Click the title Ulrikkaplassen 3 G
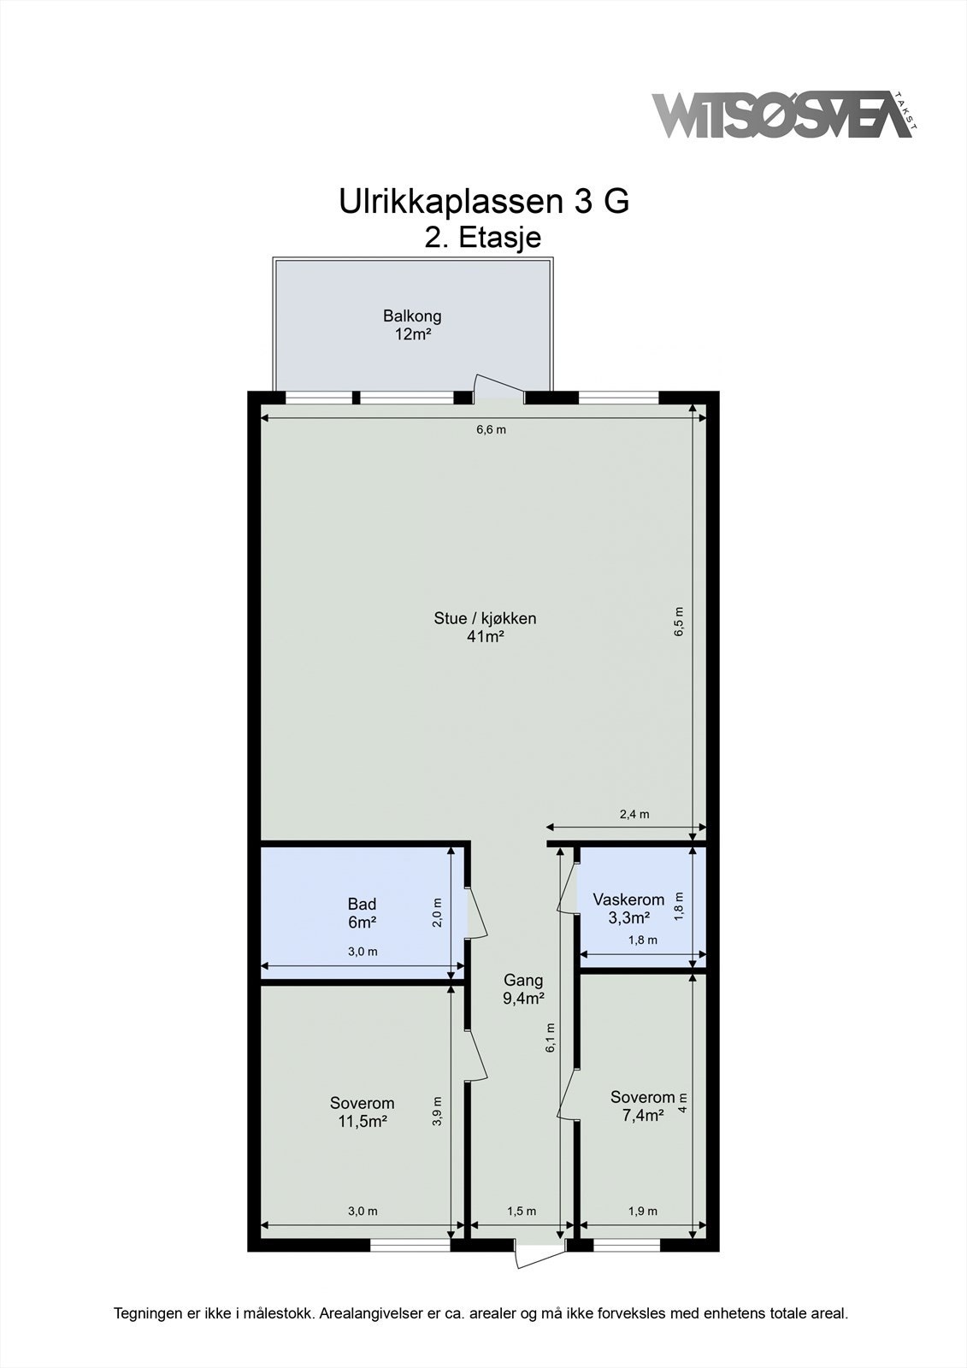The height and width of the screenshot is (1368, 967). [x=484, y=202]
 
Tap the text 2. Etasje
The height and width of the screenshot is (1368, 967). [x=483, y=237]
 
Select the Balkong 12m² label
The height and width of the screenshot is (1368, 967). [x=412, y=325]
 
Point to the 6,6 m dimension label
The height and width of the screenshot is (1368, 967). [x=491, y=429]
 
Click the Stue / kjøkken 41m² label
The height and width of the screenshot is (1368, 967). [x=485, y=628]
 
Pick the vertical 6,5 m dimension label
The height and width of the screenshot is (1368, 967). [x=679, y=622]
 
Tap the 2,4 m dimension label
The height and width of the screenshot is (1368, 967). [x=634, y=814]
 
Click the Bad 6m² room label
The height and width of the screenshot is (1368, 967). [x=362, y=913]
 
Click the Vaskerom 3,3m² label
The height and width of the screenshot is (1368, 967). [x=628, y=908]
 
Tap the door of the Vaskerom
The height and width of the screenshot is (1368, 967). [x=566, y=891]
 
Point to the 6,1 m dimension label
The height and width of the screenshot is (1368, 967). [x=551, y=1038]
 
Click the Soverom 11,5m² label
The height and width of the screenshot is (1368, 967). [x=363, y=1111]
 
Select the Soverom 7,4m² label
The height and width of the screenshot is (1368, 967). [x=642, y=1106]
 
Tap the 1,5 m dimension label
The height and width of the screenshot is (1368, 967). [x=522, y=1211]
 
